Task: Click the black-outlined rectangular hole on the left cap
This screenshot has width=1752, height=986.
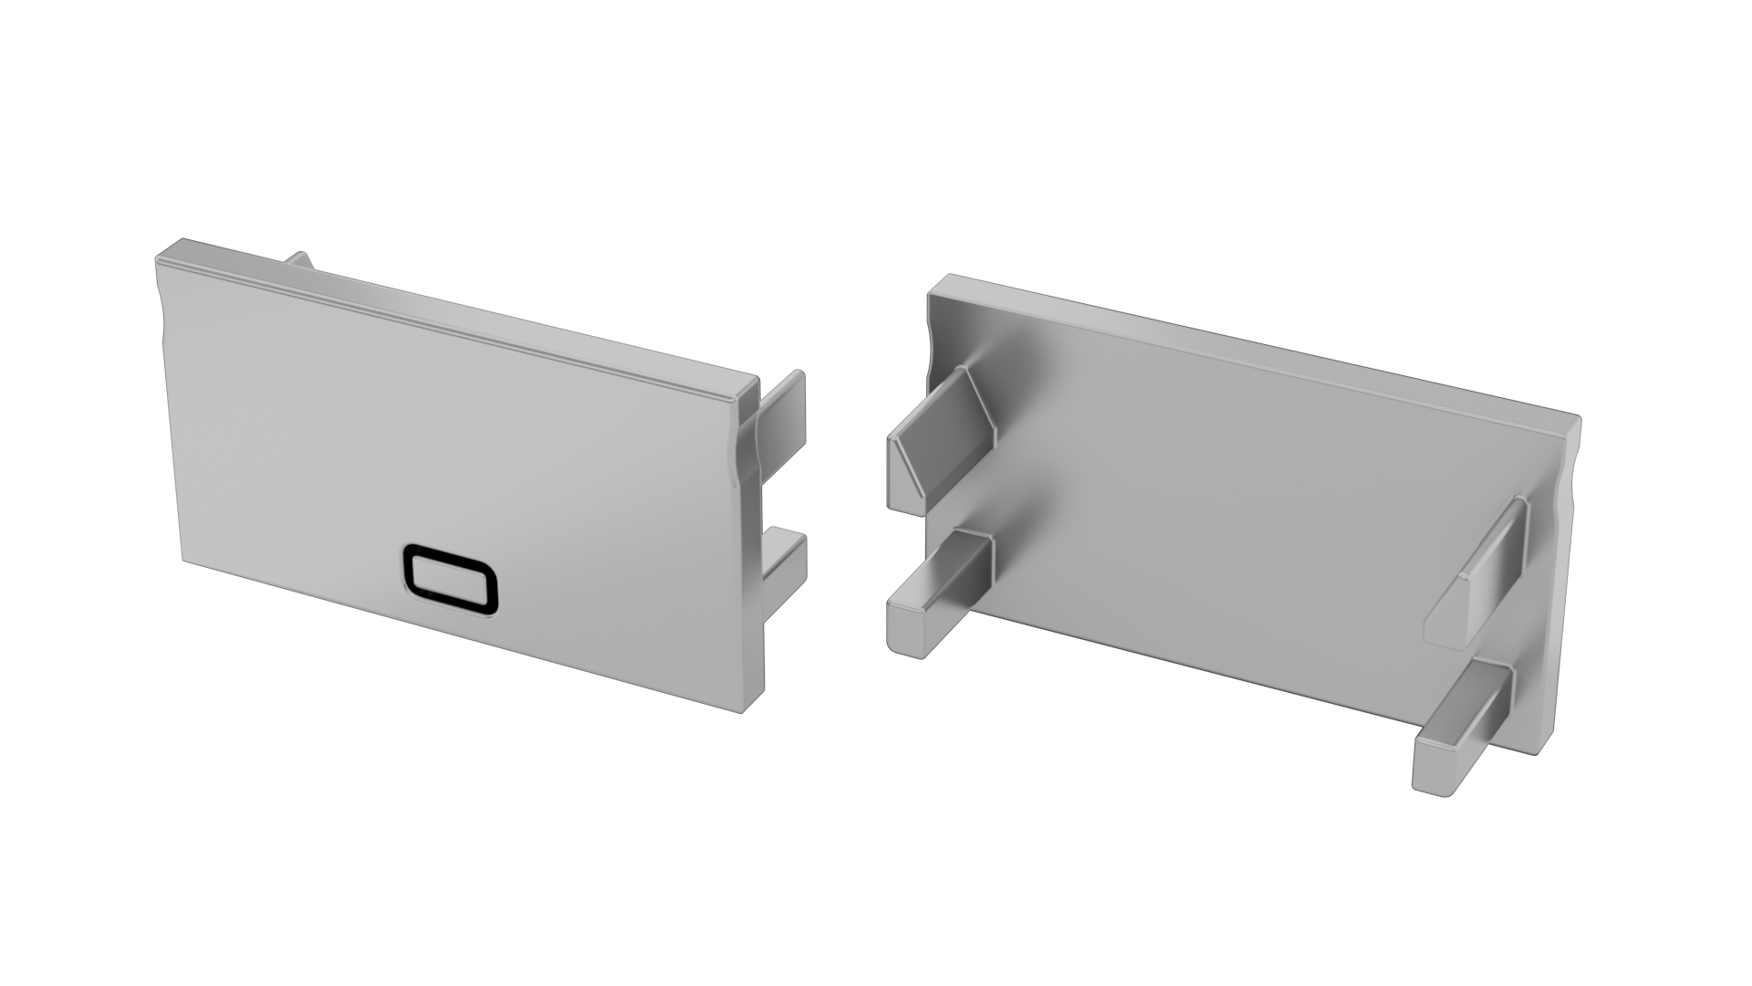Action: pos(451,579)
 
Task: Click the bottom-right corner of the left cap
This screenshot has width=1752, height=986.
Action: pos(743,710)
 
